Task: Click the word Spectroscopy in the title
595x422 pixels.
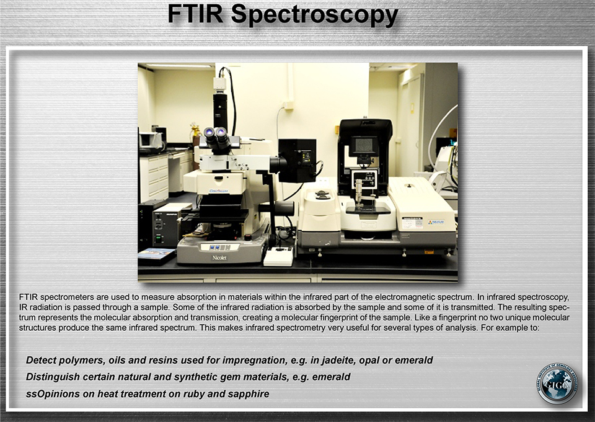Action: click(315, 15)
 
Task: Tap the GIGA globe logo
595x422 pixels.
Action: click(557, 384)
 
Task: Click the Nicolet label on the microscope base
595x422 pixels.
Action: click(219, 258)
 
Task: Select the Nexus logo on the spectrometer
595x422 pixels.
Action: click(436, 222)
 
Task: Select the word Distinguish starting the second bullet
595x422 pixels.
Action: click(48, 377)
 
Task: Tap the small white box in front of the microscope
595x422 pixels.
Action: click(278, 257)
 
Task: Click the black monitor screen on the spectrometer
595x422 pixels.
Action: click(364, 145)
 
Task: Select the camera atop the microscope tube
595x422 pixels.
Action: click(219, 84)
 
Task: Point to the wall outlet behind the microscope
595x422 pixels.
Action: click(288, 105)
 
